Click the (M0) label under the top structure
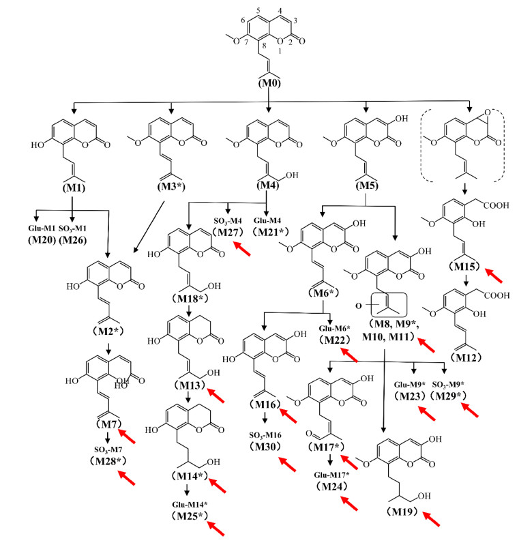(271, 83)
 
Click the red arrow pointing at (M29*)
(470, 411)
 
